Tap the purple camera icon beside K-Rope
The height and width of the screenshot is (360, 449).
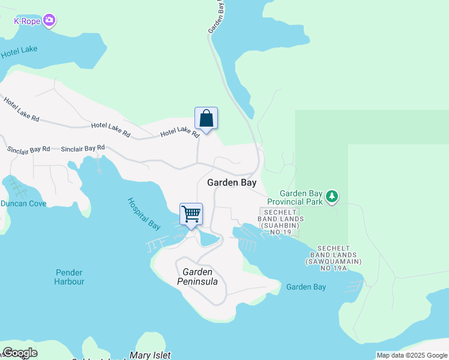(x=49, y=21)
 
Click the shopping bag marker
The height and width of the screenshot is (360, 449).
(x=206, y=118)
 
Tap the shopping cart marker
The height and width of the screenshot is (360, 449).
(x=191, y=214)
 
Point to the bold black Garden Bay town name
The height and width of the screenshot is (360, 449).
(x=232, y=182)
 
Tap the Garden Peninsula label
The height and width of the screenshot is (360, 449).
(x=197, y=277)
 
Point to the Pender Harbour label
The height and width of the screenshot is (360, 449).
(x=69, y=277)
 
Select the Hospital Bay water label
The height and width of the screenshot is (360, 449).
(x=144, y=214)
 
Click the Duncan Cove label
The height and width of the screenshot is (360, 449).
(x=23, y=203)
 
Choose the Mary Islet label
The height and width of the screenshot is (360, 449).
(x=150, y=355)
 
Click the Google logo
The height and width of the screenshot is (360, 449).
(x=20, y=353)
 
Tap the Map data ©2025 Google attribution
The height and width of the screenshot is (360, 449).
(x=411, y=355)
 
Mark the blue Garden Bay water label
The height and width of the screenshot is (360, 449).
(x=306, y=287)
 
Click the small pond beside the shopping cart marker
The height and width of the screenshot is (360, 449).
(x=209, y=239)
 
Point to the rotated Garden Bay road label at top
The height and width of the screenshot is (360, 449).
(x=217, y=17)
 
